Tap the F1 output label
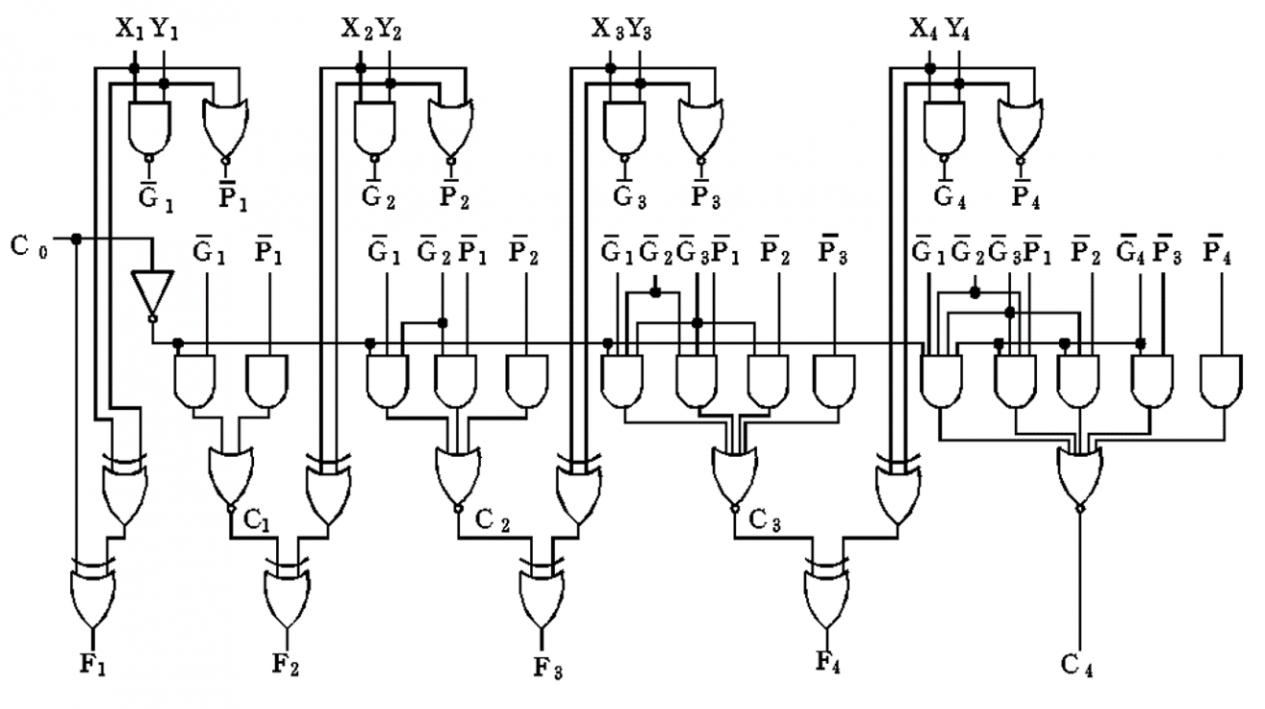[93, 662]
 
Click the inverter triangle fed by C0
[152, 293]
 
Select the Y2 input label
[388, 30]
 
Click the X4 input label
[923, 30]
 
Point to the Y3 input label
[641, 30]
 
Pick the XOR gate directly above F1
[92, 594]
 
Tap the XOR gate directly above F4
[826, 593]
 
